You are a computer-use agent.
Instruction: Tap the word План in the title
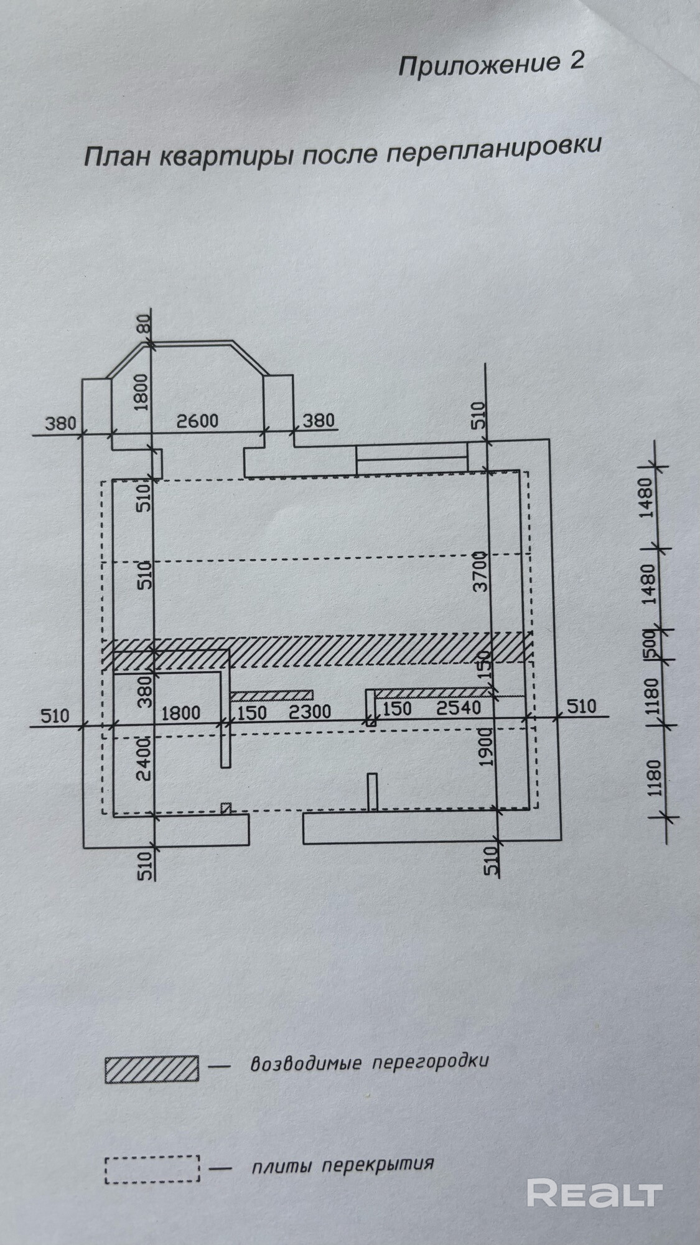pos(116,155)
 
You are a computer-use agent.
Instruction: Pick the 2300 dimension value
pos(310,711)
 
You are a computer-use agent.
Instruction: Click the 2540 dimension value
pos(459,708)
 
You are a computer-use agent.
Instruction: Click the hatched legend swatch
pos(152,1068)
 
